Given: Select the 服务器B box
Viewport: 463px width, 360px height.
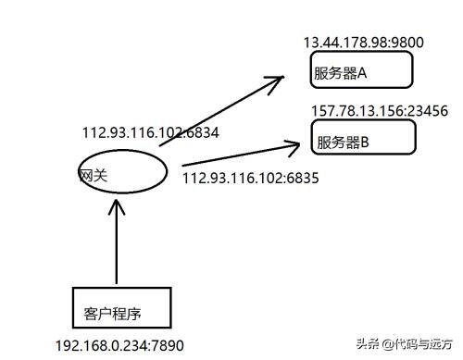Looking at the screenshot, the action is [364, 137].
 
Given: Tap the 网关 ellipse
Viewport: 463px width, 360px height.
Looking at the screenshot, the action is [121, 171].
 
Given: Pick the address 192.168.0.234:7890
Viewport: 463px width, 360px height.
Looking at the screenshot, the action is [120, 345].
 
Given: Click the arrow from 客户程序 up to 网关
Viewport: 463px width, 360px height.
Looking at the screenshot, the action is [116, 245].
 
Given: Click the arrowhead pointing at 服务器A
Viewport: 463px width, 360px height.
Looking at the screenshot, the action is [275, 82].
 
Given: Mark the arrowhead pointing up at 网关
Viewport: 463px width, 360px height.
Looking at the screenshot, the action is [116, 205].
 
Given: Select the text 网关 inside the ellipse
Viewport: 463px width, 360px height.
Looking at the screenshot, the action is [91, 174].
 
